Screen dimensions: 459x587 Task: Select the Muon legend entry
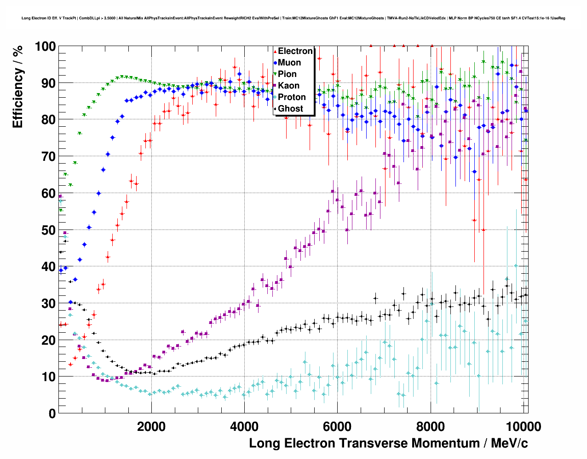[x=289, y=63]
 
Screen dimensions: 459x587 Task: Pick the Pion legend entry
[x=287, y=74]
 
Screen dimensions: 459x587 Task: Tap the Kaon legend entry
[x=288, y=86]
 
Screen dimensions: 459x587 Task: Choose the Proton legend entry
[x=292, y=97]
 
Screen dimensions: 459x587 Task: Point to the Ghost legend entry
[x=290, y=109]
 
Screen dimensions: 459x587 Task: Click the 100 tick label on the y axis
[x=45, y=47]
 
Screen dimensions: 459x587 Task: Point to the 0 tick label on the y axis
[x=52, y=413]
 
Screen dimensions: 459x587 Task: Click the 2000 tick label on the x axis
[x=151, y=426]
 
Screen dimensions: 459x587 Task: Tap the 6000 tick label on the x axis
[x=337, y=426]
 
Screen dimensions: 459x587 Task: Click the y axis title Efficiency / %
[x=18, y=87]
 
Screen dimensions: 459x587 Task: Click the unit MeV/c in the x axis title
[x=509, y=443]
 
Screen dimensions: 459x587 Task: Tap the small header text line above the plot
[x=293, y=18]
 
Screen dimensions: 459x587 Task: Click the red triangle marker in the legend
[x=275, y=51]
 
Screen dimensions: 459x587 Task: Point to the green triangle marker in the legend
[x=275, y=74]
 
